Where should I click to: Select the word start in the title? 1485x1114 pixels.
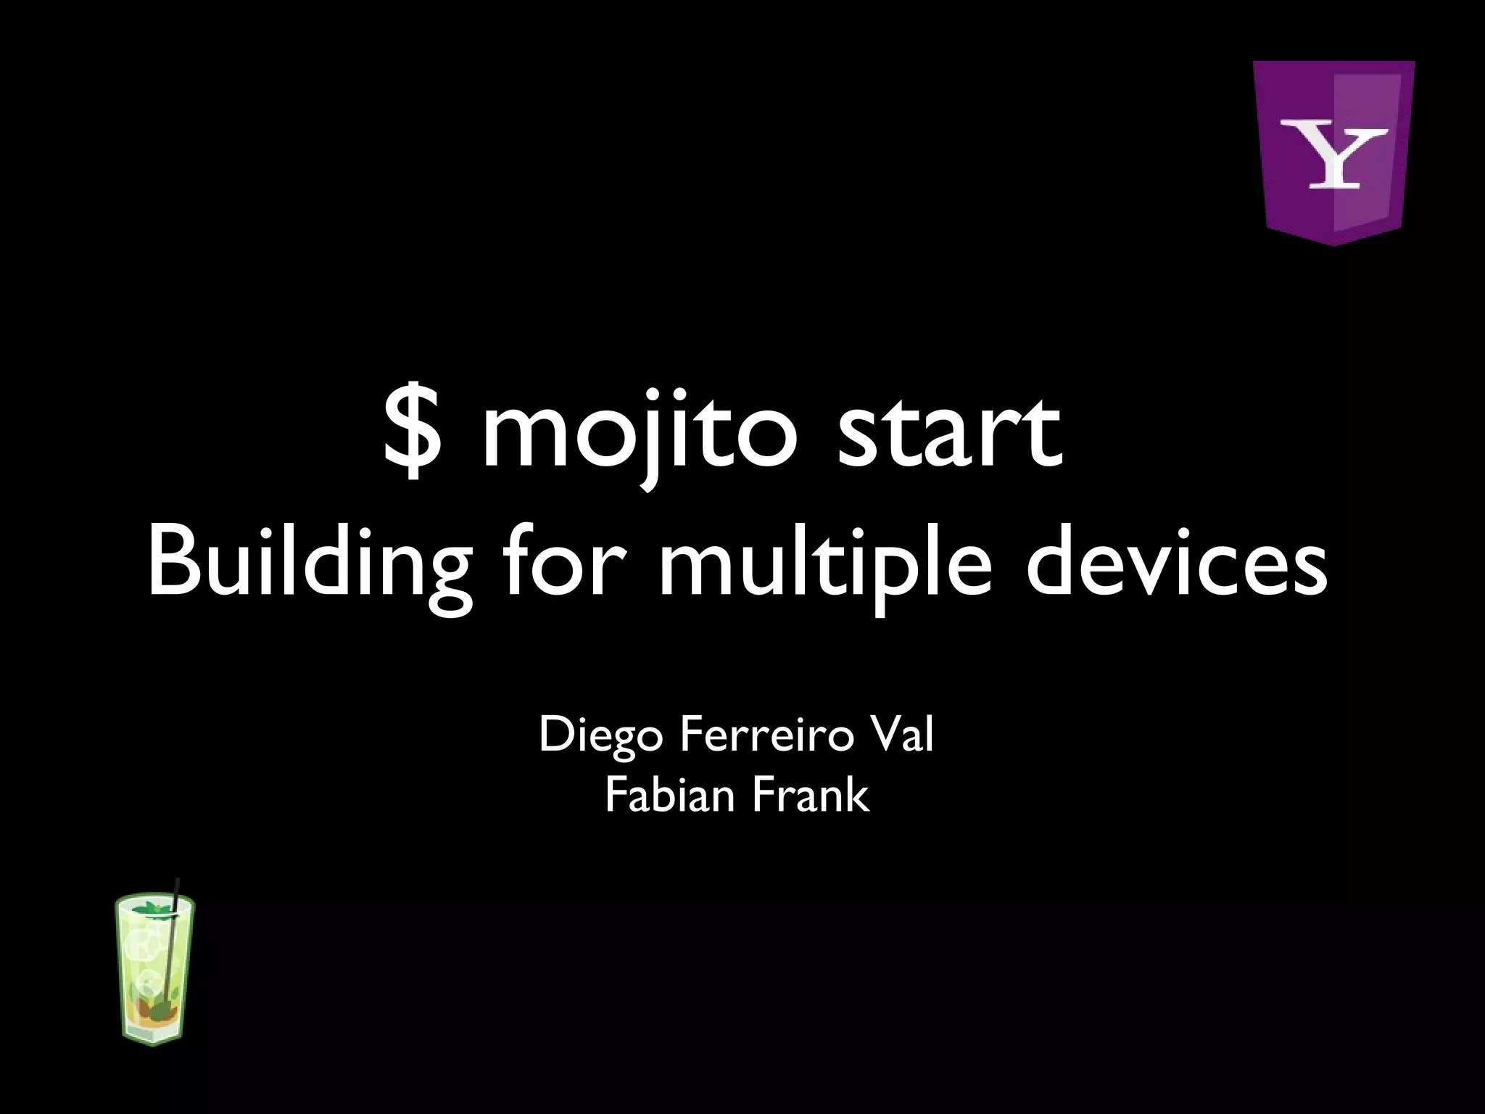950,433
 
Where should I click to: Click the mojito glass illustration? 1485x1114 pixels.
154,972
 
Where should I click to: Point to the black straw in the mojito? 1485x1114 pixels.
175,936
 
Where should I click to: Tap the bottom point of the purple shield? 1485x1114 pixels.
1333,243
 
